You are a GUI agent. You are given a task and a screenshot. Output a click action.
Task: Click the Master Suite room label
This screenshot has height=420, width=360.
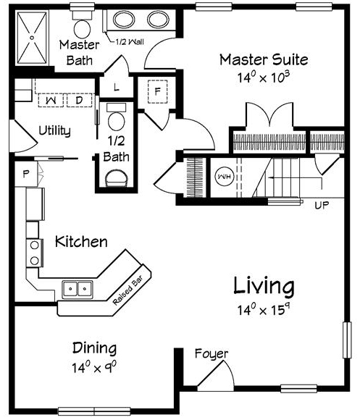tap(264, 59)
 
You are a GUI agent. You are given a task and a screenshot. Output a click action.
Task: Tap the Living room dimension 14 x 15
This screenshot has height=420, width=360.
tap(264, 310)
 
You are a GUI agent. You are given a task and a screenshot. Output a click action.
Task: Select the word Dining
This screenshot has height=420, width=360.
tap(95, 348)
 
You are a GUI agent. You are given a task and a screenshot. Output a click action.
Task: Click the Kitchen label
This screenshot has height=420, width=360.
tap(81, 242)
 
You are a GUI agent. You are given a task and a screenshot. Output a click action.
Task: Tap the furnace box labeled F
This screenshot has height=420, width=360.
tap(157, 92)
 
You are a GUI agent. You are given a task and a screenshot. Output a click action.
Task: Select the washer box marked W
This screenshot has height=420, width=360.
tap(51, 101)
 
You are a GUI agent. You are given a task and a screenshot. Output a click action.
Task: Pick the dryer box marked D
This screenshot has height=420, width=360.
tap(79, 101)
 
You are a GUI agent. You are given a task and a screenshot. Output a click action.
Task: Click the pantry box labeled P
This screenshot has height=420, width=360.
tap(26, 174)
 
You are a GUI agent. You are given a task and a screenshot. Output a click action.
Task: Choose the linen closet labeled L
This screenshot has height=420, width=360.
tap(116, 87)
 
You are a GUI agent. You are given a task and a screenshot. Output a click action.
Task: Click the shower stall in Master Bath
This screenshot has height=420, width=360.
tap(32, 38)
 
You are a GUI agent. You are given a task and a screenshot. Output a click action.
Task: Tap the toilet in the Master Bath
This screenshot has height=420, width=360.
tap(82, 26)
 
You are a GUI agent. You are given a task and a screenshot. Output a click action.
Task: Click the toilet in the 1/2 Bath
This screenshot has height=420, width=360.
tap(116, 117)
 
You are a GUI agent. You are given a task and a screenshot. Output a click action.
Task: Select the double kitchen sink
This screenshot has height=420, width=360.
tap(78, 289)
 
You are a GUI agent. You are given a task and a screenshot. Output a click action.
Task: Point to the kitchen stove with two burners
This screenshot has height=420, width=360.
tap(35, 253)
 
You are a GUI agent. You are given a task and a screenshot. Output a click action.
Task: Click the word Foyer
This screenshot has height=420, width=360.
tap(212, 354)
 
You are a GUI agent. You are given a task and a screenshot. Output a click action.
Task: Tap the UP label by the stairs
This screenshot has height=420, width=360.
tap(322, 206)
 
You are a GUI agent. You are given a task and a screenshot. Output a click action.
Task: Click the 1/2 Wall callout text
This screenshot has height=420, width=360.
tap(130, 42)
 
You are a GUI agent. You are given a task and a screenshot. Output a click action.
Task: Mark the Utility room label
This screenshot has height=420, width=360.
tap(54, 131)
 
